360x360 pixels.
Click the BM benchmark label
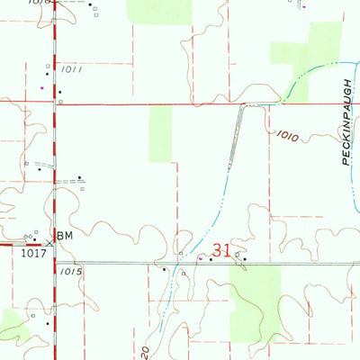point(64,236)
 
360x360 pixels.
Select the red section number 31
point(223,250)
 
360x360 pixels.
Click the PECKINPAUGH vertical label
point(345,113)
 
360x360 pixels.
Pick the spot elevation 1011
point(73,69)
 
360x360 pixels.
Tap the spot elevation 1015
point(73,270)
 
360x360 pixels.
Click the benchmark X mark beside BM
point(49,243)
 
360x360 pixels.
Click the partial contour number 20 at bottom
point(144,352)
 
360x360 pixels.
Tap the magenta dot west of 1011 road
point(42,87)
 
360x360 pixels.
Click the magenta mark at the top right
point(304,7)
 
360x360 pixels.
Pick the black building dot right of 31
point(244,259)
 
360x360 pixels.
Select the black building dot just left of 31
point(211,259)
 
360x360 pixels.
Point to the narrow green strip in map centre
point(160,133)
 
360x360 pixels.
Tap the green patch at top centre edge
point(158,11)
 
